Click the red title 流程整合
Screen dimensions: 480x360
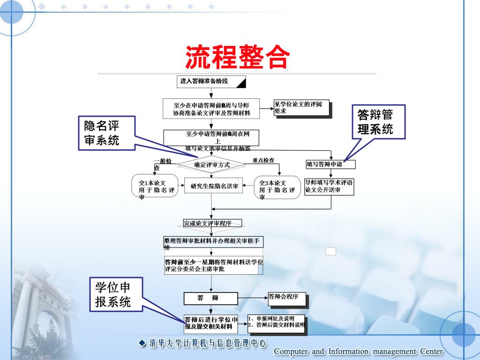click(x=237, y=57)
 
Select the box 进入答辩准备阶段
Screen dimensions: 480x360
click(x=211, y=82)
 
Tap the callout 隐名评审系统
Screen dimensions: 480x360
click(x=102, y=133)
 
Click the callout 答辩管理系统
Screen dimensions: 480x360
click(x=375, y=122)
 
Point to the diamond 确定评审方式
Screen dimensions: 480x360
click(x=212, y=165)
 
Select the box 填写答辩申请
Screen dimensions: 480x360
click(x=330, y=165)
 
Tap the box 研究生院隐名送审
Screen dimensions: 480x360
click(x=214, y=187)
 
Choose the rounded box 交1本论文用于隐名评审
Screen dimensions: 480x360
click(x=155, y=187)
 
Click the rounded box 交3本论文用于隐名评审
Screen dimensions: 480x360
click(x=277, y=187)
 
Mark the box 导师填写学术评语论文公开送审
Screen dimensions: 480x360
click(x=329, y=186)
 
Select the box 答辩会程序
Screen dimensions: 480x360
click(x=286, y=297)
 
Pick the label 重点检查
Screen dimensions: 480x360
click(x=263, y=160)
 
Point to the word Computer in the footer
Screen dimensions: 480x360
click(x=291, y=352)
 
